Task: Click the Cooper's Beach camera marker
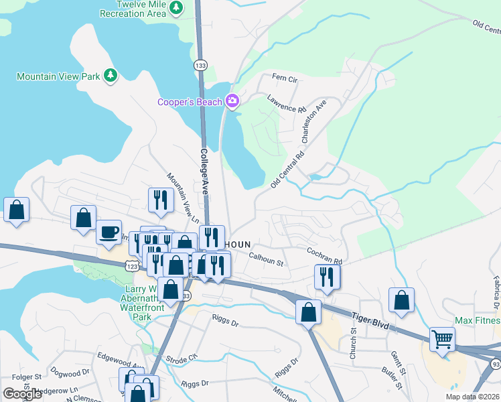232,101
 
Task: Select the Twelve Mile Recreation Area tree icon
176,8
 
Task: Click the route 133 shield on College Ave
200,65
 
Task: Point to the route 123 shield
131,266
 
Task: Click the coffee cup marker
109,232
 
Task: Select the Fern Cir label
284,79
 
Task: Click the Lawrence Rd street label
286,103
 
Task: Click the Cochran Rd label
325,256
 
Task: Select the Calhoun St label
266,259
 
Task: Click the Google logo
21,393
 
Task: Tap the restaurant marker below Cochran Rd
327,275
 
